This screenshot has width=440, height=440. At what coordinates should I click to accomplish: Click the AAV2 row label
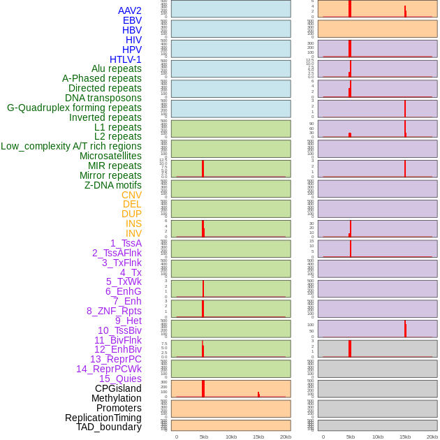130,10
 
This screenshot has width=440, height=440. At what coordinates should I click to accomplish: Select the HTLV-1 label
126,59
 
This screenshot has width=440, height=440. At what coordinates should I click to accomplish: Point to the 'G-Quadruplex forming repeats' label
74,108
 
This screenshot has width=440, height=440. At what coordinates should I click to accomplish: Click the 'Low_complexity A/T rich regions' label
71,146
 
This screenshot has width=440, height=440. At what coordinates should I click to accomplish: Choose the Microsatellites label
110,156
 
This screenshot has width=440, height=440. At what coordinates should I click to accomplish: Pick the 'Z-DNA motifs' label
113,185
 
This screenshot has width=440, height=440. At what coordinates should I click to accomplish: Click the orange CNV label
131,195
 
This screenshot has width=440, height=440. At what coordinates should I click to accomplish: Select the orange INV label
133,233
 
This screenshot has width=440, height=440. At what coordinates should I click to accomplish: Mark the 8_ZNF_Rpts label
114,311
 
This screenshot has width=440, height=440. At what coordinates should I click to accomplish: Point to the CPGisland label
118,388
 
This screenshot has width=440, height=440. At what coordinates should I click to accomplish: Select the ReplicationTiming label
103,418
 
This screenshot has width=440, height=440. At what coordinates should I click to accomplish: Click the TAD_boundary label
109,427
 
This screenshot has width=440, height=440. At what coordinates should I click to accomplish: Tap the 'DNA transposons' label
103,98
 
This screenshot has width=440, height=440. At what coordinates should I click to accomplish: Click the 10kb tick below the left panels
231,437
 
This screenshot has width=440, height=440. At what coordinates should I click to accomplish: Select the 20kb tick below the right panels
432,437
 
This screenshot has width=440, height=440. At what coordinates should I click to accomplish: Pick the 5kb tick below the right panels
351,437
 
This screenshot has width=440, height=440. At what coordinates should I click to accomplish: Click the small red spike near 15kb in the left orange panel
258,395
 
